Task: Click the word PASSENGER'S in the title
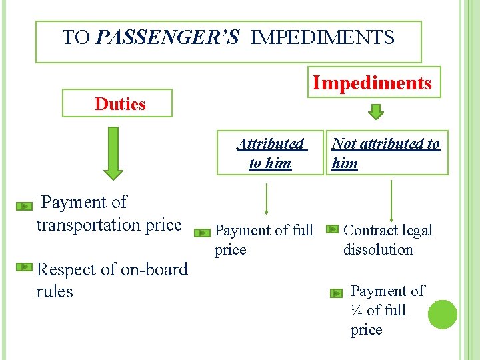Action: (167, 37)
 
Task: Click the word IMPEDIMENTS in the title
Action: (323, 37)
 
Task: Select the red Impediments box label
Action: (373, 83)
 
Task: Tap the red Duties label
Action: (120, 103)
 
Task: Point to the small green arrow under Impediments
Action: (377, 111)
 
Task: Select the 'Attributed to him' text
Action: (270, 153)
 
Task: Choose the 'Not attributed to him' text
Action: (385, 153)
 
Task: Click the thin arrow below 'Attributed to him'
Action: (267, 201)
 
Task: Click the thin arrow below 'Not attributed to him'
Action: (391, 200)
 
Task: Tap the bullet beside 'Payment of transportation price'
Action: (25, 207)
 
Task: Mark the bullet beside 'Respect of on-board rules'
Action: (24, 267)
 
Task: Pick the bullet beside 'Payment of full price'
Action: (202, 233)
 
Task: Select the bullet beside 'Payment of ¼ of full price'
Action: (338, 292)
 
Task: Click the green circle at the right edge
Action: (442, 314)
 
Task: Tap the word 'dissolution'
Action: (378, 250)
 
